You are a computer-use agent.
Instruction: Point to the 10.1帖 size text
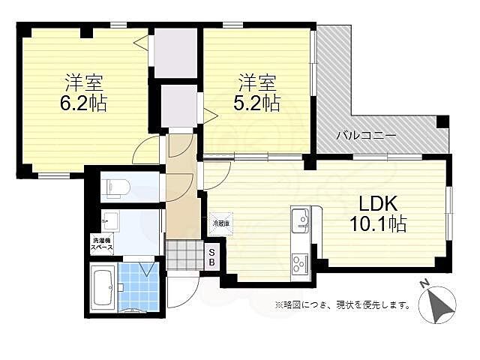379,223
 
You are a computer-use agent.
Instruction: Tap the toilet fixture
117,187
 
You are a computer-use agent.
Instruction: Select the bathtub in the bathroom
102,287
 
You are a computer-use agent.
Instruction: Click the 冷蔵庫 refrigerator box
220,223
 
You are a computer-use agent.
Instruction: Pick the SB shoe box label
211,257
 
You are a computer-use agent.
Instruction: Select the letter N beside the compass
424,284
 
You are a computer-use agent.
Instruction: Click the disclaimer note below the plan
343,305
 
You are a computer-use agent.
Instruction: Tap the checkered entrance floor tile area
180,255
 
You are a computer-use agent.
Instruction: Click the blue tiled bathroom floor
138,287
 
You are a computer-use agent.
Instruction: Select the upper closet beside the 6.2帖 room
175,52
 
